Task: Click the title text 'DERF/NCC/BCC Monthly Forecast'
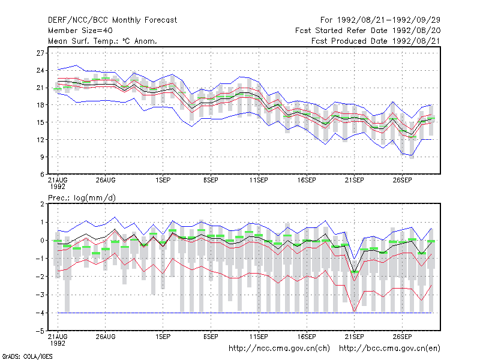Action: pyautogui.click(x=112, y=20)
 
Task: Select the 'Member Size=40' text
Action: pyautogui.click(x=80, y=31)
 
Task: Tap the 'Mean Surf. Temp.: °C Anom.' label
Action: pyautogui.click(x=103, y=41)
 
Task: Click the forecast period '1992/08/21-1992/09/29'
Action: pyautogui.click(x=389, y=20)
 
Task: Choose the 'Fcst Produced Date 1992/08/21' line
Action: pyautogui.click(x=376, y=41)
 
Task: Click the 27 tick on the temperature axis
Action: pyautogui.click(x=40, y=53)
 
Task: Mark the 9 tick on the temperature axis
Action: pyautogui.click(x=42, y=157)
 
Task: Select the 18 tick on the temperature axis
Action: pyautogui.click(x=40, y=105)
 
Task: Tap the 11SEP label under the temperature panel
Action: pyautogui.click(x=259, y=181)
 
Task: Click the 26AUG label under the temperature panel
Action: pyautogui.click(x=106, y=181)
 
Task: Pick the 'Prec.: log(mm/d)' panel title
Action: pyautogui.click(x=82, y=198)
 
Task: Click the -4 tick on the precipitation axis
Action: pyautogui.click(x=40, y=313)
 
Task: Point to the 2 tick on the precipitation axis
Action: pyautogui.click(x=42, y=204)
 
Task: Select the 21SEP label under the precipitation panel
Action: pyautogui.click(x=355, y=337)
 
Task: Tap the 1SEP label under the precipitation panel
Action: pyautogui.click(x=163, y=337)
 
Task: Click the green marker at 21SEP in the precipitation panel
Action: pyautogui.click(x=355, y=272)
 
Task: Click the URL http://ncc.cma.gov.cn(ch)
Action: pyautogui.click(x=280, y=349)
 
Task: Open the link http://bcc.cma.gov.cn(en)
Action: pyautogui.click(x=389, y=349)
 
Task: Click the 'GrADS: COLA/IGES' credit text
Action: pyautogui.click(x=27, y=356)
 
